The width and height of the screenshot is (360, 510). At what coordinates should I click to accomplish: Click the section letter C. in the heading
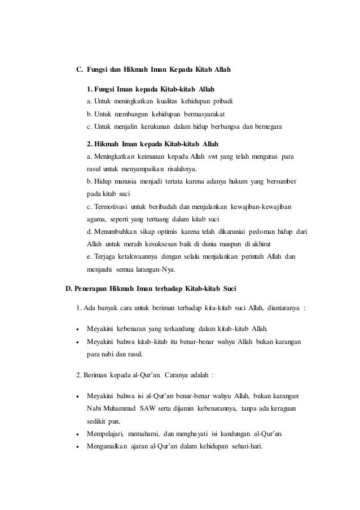pyautogui.click(x=80, y=71)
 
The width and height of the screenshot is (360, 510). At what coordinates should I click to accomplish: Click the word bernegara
pyautogui.click(x=265, y=125)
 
